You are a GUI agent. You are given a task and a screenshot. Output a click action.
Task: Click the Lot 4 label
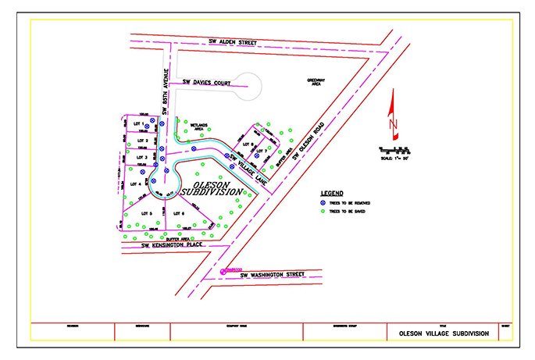[x=136, y=184]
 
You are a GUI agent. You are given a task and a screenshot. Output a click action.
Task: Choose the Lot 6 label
[x=178, y=213]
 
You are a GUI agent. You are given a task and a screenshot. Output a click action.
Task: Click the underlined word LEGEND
[x=332, y=192]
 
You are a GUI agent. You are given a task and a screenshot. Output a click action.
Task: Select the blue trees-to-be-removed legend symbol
[x=324, y=202]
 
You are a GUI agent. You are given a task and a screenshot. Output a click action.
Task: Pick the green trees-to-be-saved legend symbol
[x=324, y=210]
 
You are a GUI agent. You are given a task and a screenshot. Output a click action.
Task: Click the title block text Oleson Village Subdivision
[x=444, y=333]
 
